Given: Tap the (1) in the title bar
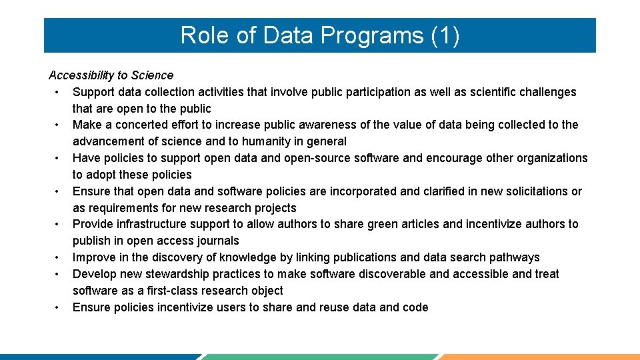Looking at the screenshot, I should coord(445,35).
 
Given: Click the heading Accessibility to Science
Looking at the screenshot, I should coord(111,75).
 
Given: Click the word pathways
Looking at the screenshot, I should coord(514,257).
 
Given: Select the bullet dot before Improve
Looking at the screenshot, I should coord(59,258).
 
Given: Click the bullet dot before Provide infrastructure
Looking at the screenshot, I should coord(59,225).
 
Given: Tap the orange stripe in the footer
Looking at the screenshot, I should coord(540,357).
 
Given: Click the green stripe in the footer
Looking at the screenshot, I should coord(320,357).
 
